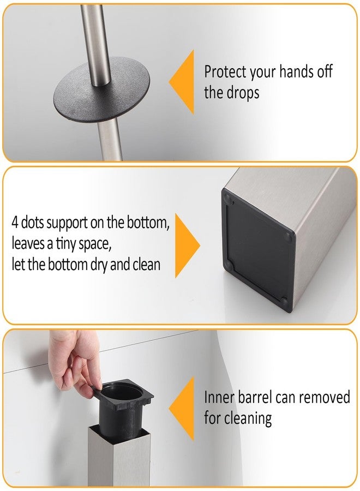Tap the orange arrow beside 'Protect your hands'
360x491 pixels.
(183, 82)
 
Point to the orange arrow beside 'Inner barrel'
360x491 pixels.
(183, 408)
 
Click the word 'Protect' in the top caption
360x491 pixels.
(225, 71)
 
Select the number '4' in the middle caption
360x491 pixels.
(15, 223)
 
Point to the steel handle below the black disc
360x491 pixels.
(111, 139)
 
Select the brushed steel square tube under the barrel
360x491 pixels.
(119, 458)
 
